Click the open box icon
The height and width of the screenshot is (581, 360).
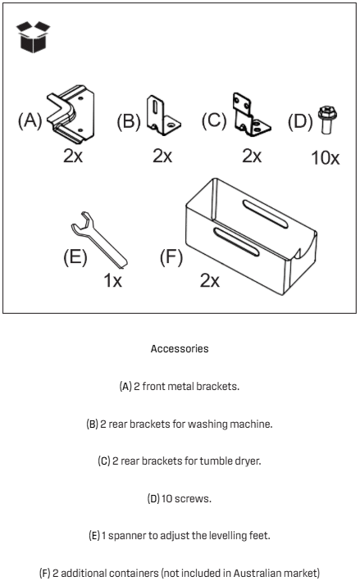33,37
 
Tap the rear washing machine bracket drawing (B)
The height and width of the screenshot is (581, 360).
163,116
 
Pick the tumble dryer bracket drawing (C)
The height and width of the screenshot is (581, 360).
252,115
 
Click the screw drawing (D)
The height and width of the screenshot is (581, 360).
327,120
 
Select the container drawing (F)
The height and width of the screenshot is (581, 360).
251,236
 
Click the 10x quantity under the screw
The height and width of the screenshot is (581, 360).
326,158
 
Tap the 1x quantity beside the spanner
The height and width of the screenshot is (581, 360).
112,280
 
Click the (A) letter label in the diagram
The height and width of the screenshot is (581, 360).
30,120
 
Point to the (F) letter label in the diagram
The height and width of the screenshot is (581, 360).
171,257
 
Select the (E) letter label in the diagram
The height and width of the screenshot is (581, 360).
75,256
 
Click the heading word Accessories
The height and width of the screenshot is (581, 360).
180,348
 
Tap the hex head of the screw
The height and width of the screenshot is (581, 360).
327,112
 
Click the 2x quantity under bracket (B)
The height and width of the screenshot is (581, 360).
162,156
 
